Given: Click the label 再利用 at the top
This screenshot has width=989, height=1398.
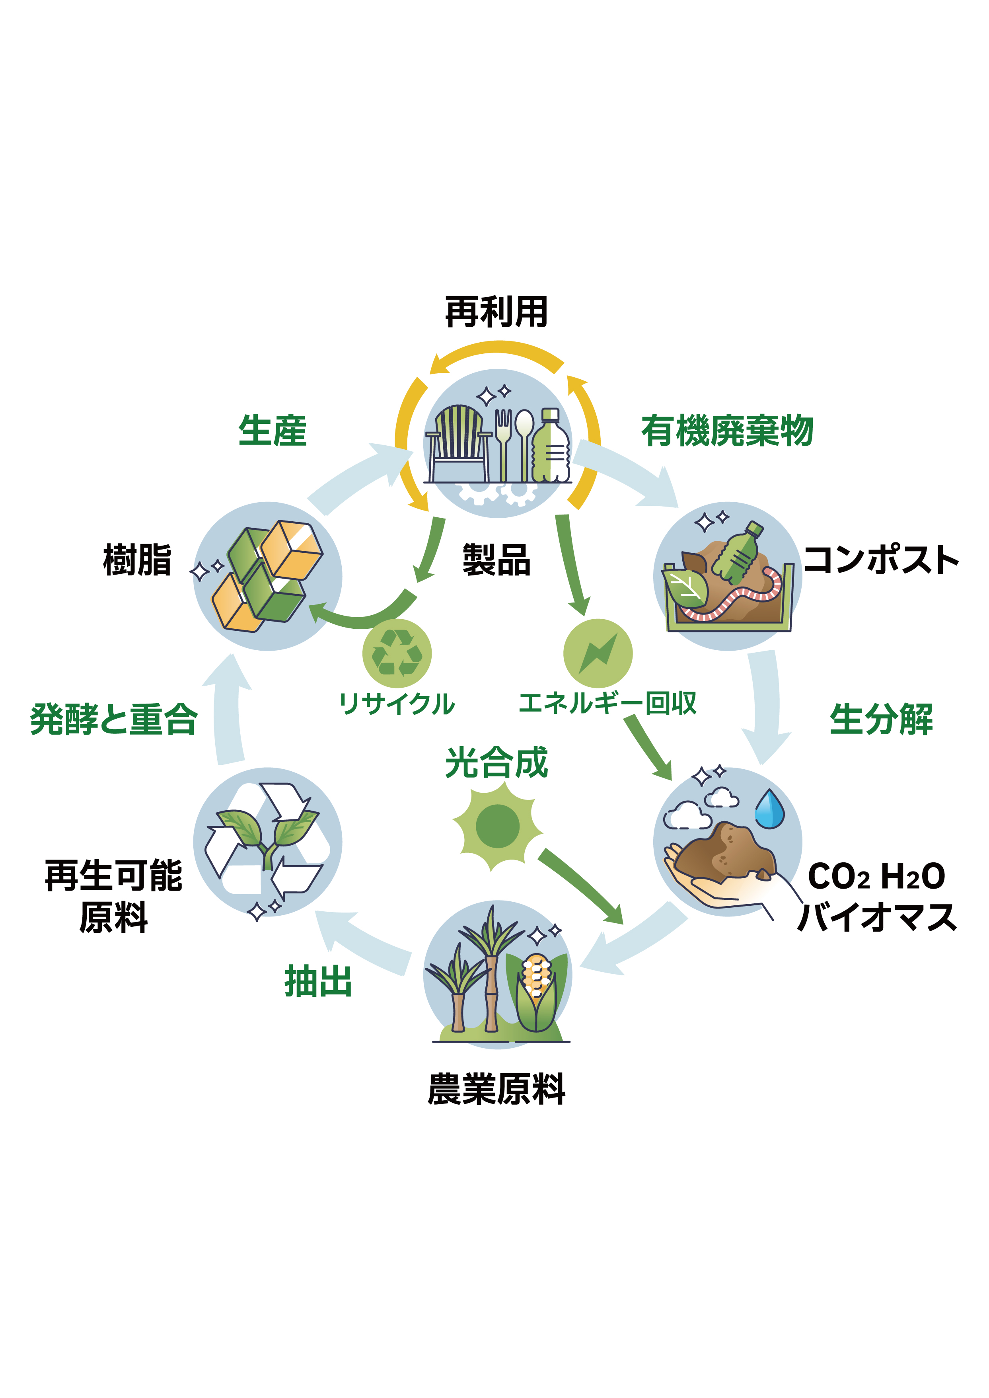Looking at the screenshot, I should (496, 312).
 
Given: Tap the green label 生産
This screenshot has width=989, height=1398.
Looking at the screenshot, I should (272, 431).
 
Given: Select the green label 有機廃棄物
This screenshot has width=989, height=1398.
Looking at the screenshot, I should (727, 431).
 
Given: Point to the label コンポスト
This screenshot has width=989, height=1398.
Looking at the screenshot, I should (881, 560).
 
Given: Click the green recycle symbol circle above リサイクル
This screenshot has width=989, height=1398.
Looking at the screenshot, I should (397, 653).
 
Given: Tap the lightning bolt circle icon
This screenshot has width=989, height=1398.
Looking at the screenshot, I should (598, 653).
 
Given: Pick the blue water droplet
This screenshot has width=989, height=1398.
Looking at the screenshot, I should (770, 809).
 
